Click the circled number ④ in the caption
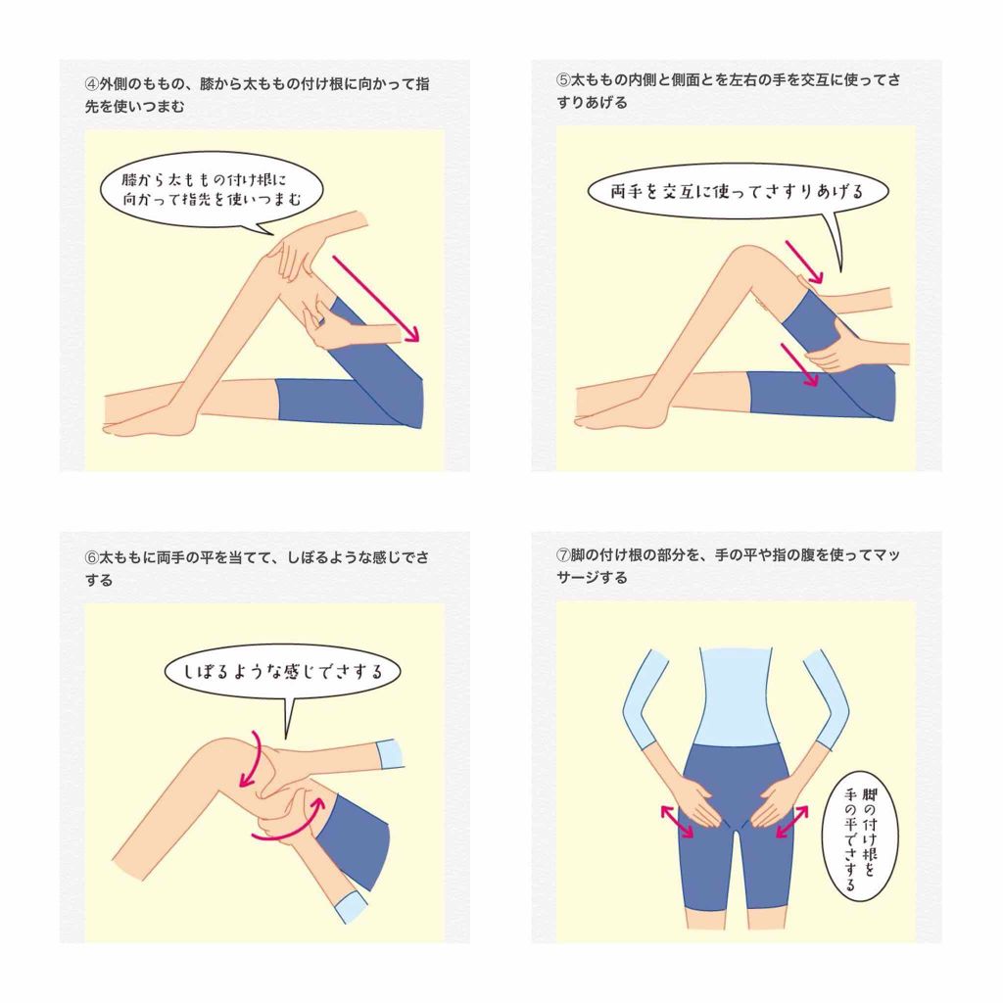point(91,84)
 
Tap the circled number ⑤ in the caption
point(563,80)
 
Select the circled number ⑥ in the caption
point(91,557)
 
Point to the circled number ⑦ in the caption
point(563,554)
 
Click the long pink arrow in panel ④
point(375,298)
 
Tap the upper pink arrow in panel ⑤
point(804,262)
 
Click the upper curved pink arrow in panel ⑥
point(252,760)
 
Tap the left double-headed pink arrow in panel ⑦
point(677,822)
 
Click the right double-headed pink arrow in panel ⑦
point(791,822)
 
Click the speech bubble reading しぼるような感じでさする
point(282,672)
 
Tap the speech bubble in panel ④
point(212,190)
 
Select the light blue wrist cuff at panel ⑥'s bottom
point(352,907)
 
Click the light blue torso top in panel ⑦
point(737,697)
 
